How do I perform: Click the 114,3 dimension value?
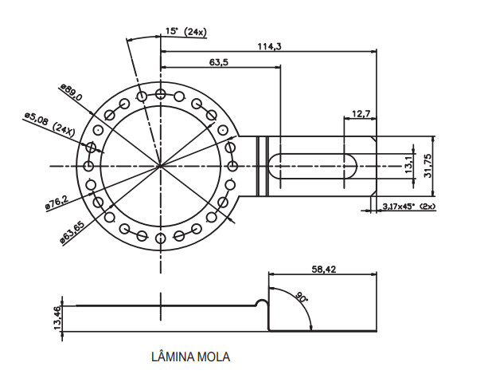coord(269,46)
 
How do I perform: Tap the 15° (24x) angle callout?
coord(185,31)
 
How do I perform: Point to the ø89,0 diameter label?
coord(71,94)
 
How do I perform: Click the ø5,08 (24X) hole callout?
coord(49,124)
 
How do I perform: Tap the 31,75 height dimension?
coord(427,165)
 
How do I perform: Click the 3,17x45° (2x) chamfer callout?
coord(409,207)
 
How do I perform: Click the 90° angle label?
coord(301,297)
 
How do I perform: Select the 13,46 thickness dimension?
coord(57,317)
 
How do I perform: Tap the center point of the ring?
coord(161,166)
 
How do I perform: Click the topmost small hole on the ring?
coord(161,94)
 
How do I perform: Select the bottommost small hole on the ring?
coord(161,238)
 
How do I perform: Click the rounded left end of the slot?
coord(273,166)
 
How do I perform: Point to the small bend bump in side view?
coord(262,302)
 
